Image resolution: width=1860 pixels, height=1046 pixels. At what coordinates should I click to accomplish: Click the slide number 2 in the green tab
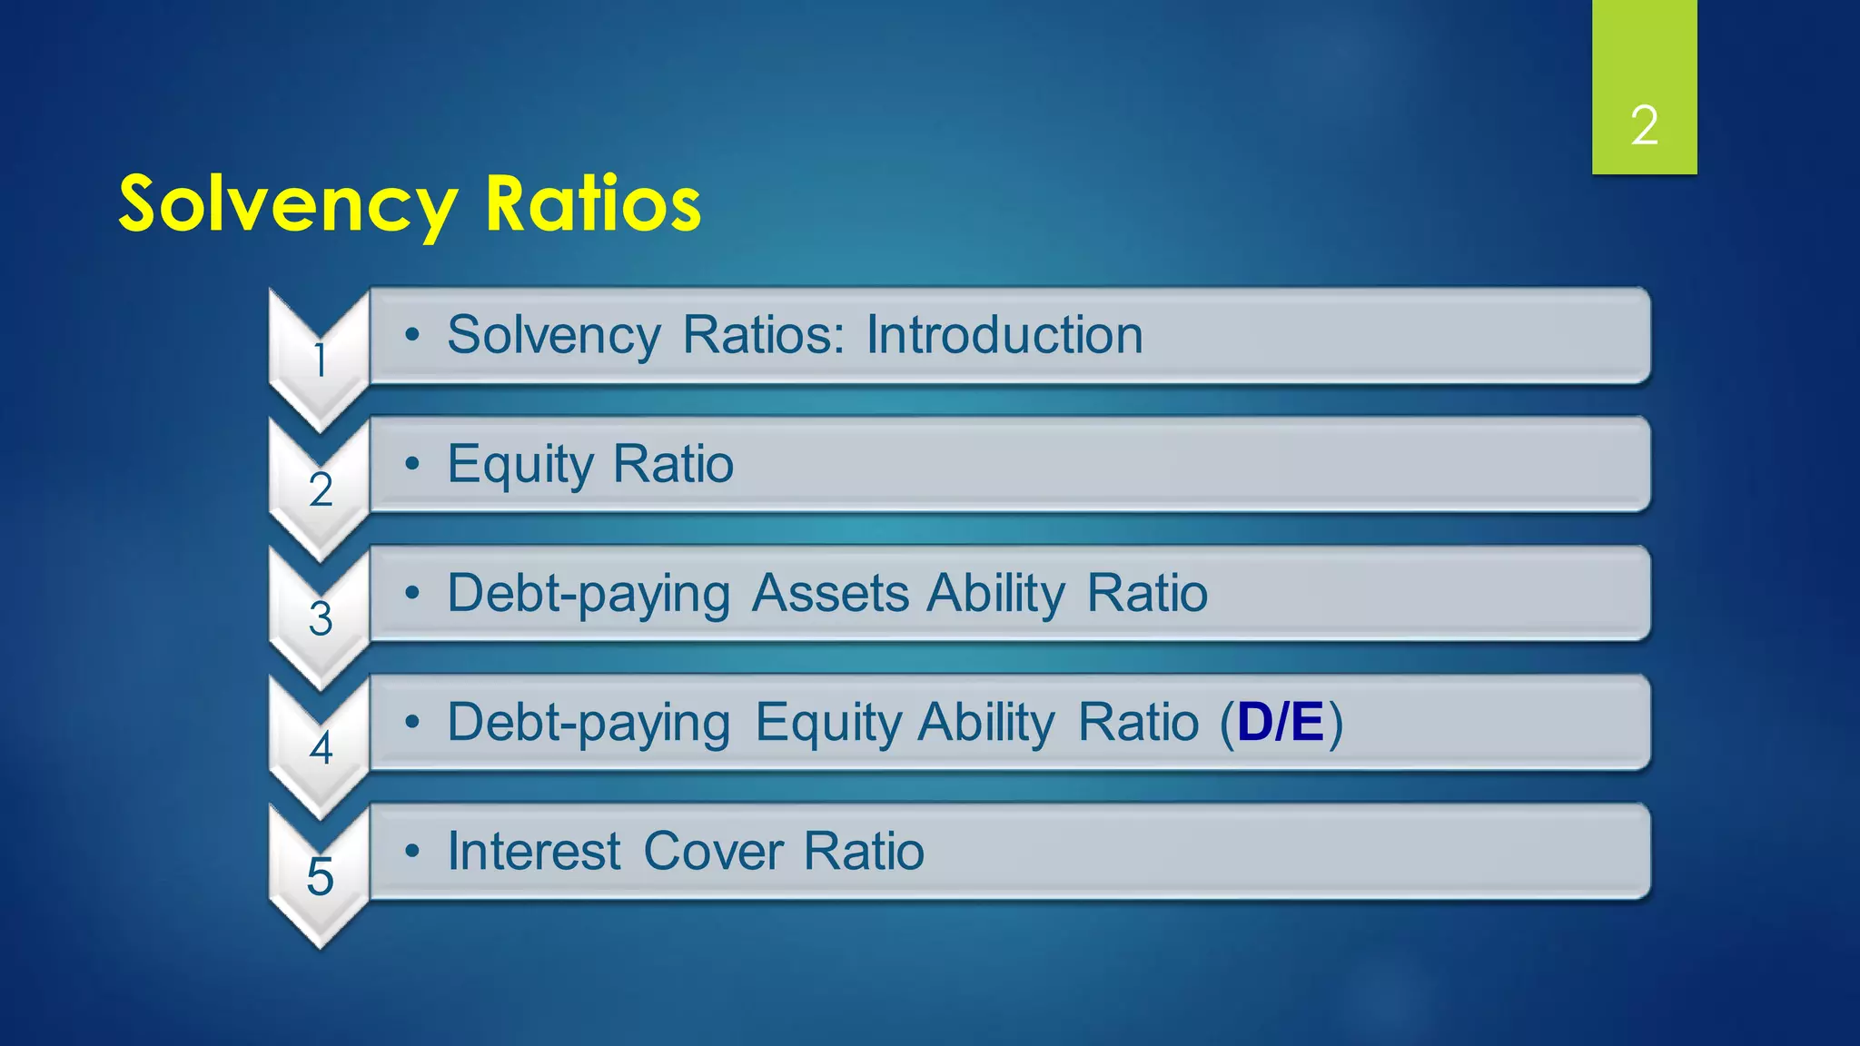[x=1644, y=125]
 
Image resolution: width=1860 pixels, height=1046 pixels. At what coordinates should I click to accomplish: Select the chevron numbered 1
[x=320, y=360]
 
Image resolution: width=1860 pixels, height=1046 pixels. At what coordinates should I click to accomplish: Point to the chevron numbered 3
[x=320, y=619]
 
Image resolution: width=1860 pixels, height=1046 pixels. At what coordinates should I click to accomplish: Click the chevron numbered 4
[x=320, y=748]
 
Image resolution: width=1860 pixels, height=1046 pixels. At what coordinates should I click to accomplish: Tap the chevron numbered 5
[x=320, y=877]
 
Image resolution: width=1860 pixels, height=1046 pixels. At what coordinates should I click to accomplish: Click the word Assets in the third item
[x=830, y=593]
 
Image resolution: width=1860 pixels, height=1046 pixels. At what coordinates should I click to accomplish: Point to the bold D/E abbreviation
[x=1280, y=722]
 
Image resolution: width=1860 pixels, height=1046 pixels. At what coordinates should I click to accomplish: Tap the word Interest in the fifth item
[x=534, y=852]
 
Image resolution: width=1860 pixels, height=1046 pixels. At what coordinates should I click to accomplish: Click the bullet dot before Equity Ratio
[x=412, y=464]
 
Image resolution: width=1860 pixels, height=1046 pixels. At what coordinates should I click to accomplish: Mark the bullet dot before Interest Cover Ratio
[x=412, y=851]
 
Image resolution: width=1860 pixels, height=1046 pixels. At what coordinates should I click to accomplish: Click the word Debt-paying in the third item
[x=589, y=595]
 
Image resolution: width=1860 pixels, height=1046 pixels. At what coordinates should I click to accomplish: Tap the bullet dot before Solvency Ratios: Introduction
[x=412, y=335]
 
